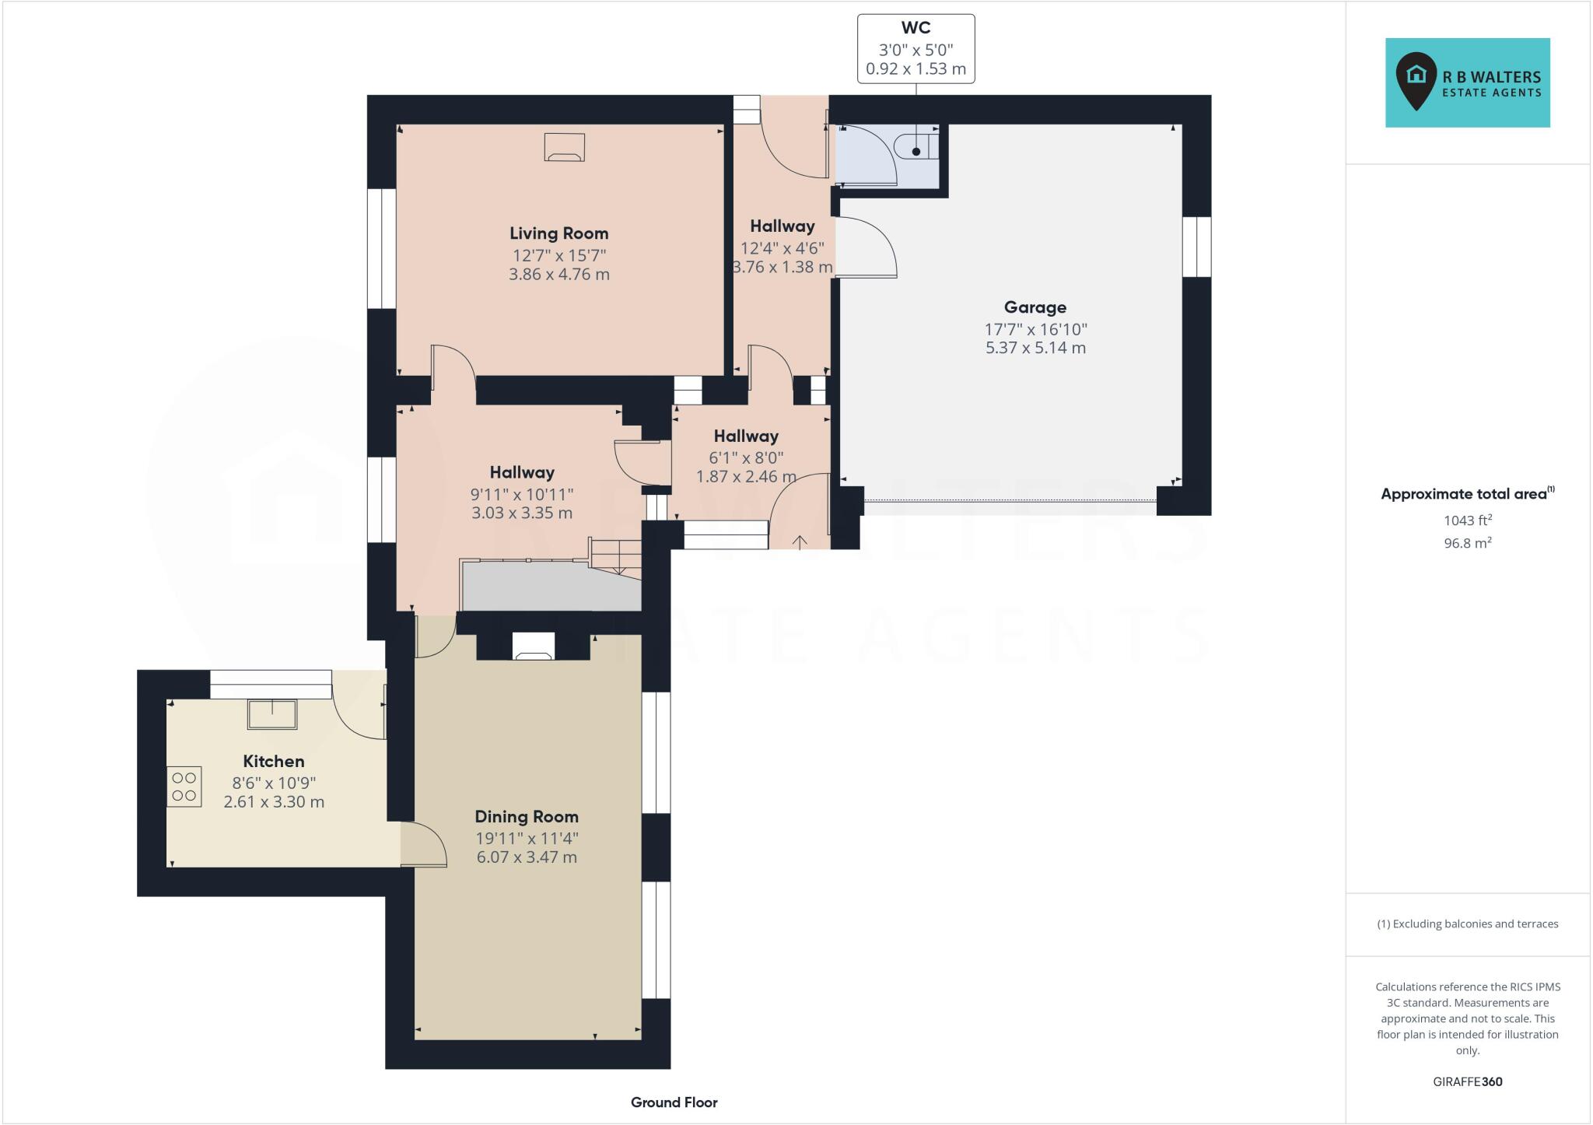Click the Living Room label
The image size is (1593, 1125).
pos(558,233)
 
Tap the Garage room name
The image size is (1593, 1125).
pos(1035,307)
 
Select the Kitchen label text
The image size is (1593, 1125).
pos(273,762)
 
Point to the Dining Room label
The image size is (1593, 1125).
pos(527,817)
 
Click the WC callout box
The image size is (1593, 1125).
pos(916,48)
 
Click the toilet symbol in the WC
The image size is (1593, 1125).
pos(916,146)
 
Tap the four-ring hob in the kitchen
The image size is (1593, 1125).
pos(184,787)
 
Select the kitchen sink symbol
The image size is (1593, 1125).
pos(272,714)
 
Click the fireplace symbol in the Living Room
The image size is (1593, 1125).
pos(564,147)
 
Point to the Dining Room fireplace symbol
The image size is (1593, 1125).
pos(534,647)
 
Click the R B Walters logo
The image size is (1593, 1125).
pos(1467,82)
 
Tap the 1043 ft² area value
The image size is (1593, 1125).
pos(1467,520)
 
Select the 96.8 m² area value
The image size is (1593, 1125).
pos(1467,543)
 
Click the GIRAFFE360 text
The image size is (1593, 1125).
pos(1467,1081)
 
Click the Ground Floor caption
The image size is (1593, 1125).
pos(674,1102)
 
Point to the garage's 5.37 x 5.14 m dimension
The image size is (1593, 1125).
pos(1035,348)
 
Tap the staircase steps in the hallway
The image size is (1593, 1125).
pos(614,555)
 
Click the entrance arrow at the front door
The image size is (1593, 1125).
pos(799,541)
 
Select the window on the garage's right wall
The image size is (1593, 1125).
pos(1196,247)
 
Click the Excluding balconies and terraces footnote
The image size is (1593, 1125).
pos(1467,924)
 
